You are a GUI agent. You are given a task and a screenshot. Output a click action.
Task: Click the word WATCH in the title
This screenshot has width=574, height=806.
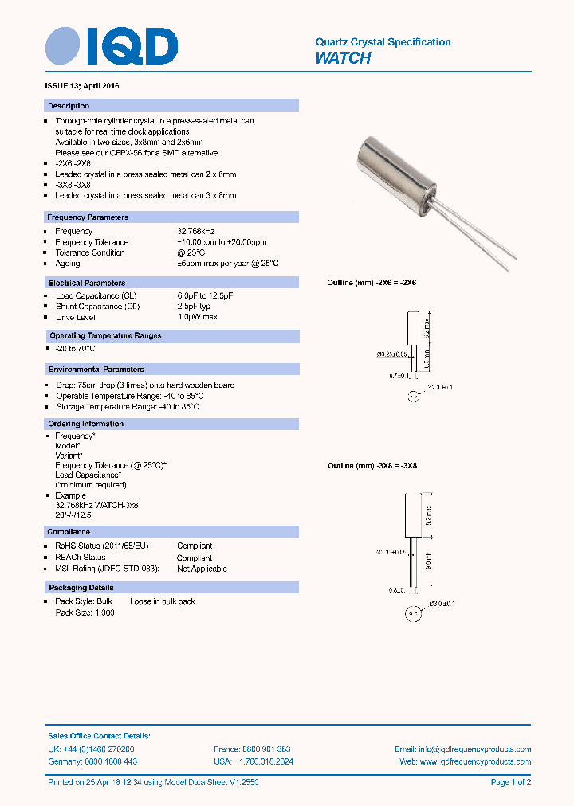coord(343,58)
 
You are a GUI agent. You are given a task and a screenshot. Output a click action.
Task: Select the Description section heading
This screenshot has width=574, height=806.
coord(69,106)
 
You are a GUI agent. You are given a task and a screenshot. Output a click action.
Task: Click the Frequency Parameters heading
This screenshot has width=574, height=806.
coord(88,217)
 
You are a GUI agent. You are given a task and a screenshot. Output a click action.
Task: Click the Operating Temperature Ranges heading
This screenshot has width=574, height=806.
coord(104,336)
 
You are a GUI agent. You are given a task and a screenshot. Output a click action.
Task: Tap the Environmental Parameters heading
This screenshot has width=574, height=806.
coord(96,370)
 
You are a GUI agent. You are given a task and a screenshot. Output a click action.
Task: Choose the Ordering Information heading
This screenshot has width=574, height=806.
coord(86,424)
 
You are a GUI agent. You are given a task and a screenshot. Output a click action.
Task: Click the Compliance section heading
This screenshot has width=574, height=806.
coord(69,532)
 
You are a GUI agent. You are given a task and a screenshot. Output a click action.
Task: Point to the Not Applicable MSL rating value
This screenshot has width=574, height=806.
coord(202,569)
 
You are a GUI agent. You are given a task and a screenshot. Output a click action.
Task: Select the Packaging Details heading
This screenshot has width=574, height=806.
coord(80,588)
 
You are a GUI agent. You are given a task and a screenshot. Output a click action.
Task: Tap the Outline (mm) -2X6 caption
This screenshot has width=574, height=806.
coord(372,283)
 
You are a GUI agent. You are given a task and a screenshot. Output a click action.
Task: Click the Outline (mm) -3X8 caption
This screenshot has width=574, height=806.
coord(372,466)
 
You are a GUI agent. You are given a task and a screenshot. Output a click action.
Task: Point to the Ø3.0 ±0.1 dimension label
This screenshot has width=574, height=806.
coord(442,604)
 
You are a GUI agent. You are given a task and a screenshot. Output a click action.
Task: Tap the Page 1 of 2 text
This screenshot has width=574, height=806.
coord(510,783)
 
